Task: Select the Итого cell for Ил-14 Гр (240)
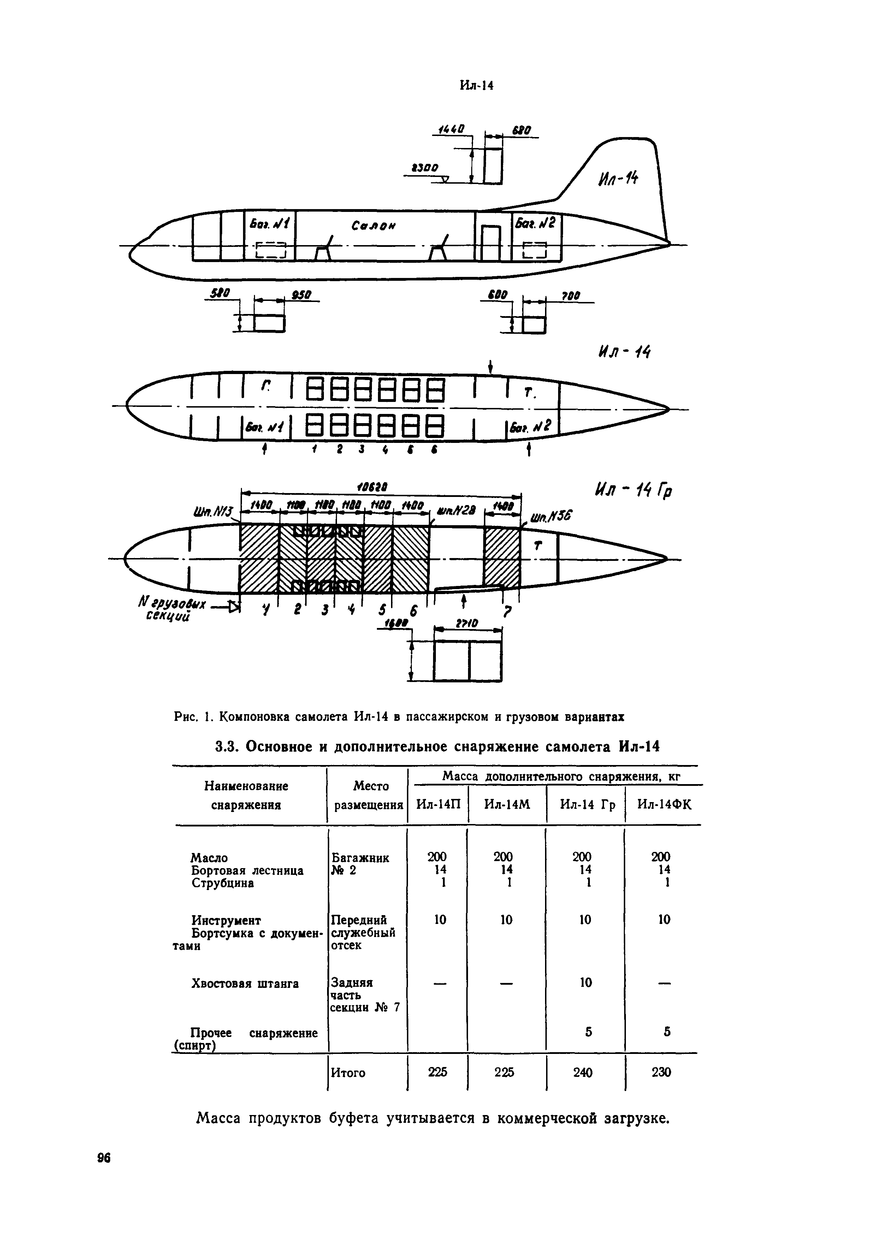tap(582, 1072)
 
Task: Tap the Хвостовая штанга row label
tap(245, 984)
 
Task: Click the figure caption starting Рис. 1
tap(399, 717)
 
